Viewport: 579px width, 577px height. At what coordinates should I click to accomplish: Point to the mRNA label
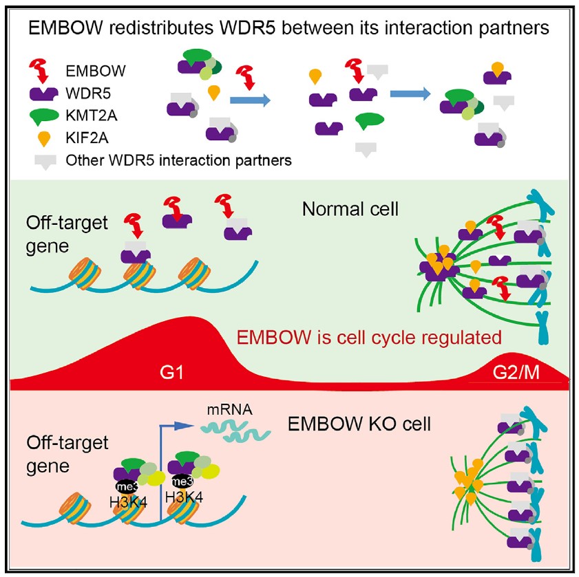(x=231, y=409)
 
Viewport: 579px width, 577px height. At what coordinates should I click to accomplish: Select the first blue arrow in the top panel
(x=249, y=100)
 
